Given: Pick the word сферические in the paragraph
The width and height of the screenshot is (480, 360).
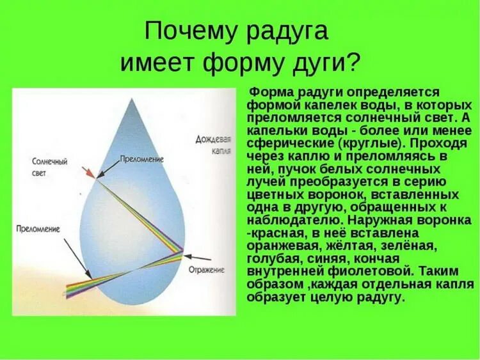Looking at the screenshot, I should (285, 144).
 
